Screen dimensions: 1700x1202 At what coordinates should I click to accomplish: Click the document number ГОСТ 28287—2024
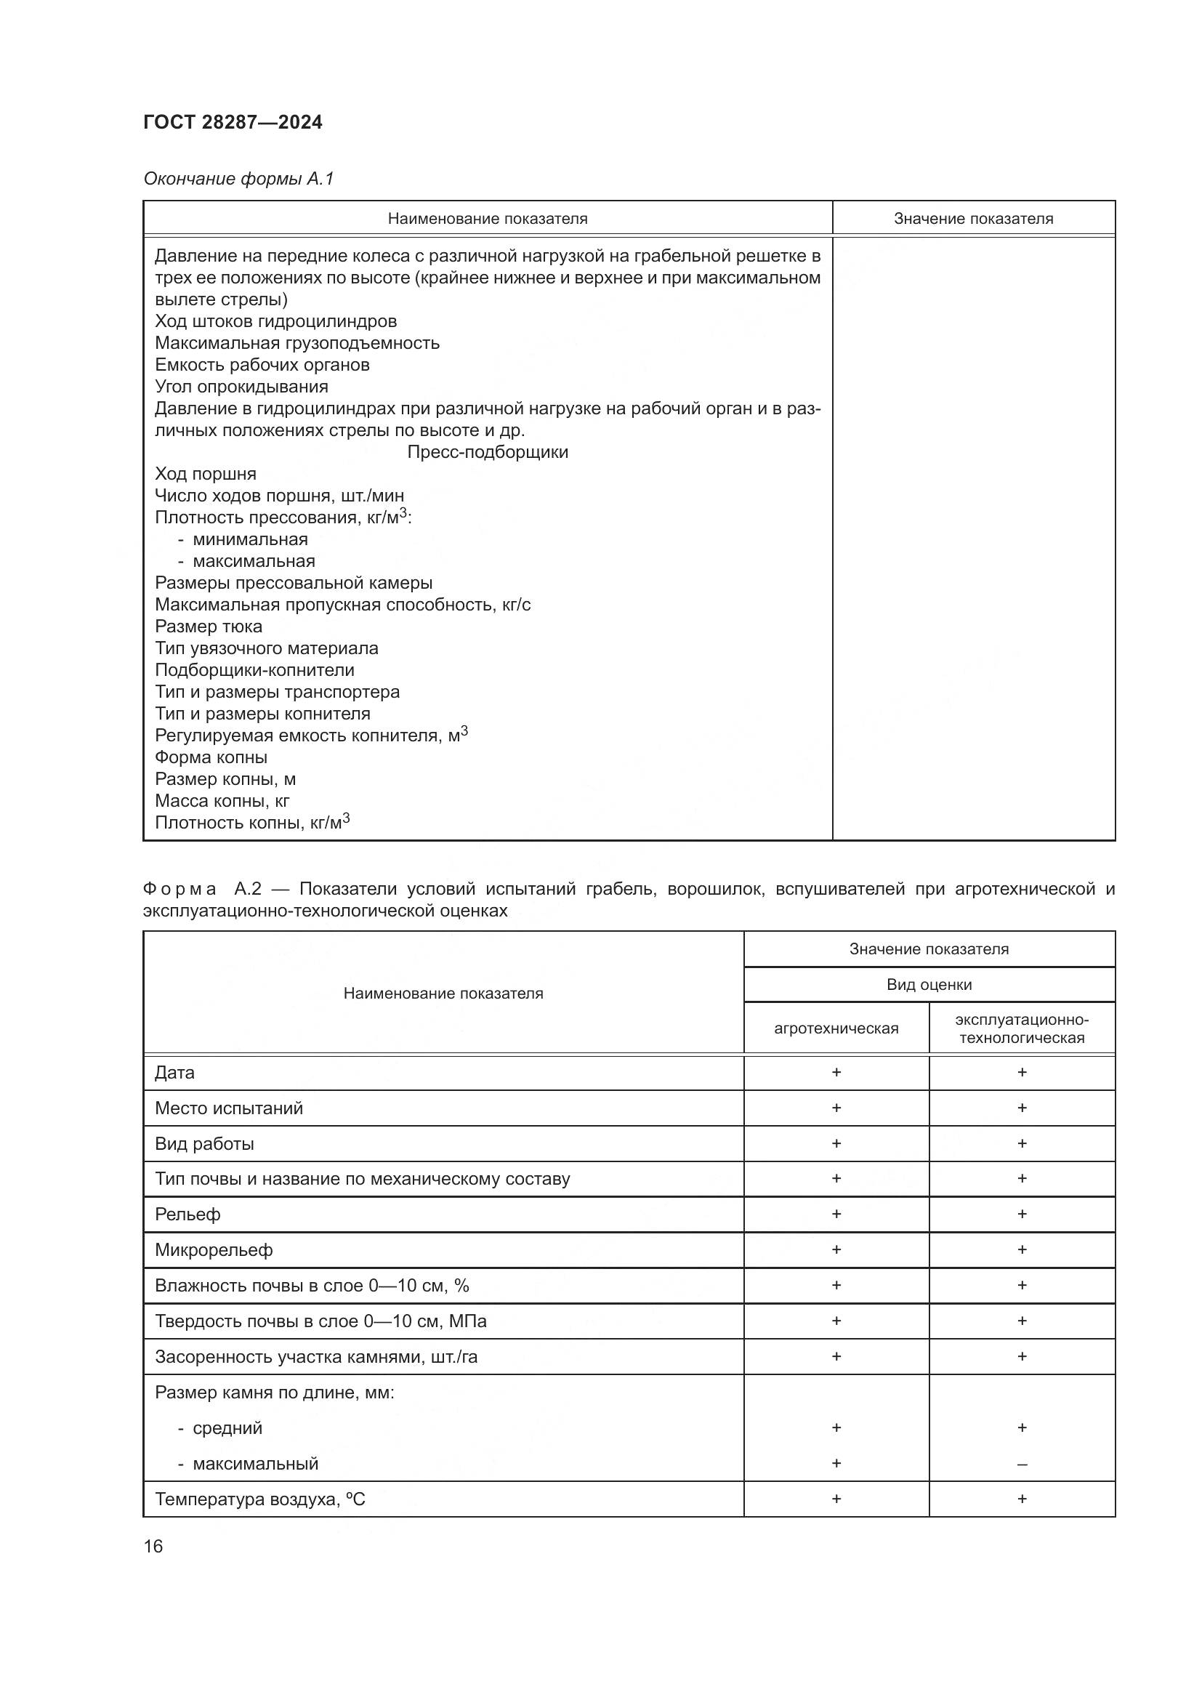click(233, 122)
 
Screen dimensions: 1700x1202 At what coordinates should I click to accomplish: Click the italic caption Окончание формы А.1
click(238, 179)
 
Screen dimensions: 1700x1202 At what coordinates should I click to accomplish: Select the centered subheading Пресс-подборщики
click(487, 452)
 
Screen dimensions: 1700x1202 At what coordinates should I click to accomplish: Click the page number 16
click(153, 1546)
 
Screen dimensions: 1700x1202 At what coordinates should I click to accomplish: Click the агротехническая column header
click(836, 1028)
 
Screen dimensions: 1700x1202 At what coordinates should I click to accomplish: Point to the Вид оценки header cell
click(929, 985)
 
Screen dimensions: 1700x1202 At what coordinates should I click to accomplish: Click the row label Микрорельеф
click(214, 1251)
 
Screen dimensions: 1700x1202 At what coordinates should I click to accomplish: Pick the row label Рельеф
click(187, 1214)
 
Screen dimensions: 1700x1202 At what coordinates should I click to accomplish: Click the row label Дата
click(174, 1073)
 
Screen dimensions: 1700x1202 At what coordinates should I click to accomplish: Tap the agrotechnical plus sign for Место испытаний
click(836, 1108)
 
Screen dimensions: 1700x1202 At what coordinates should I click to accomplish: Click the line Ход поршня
click(205, 474)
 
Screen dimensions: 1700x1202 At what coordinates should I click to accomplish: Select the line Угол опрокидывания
click(241, 387)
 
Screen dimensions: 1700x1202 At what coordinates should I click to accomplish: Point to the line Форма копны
click(211, 757)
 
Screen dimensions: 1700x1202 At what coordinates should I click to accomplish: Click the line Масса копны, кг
click(222, 801)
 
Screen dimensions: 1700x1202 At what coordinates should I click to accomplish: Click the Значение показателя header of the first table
click(972, 219)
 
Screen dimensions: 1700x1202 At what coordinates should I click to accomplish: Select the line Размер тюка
click(208, 627)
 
